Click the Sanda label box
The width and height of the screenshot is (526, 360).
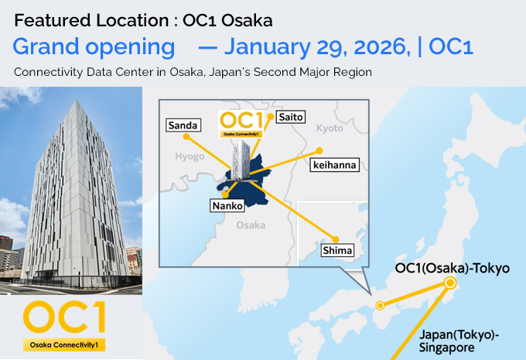click(x=183, y=125)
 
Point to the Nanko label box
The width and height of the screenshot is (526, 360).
click(x=227, y=206)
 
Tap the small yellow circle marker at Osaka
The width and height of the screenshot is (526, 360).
click(x=380, y=305)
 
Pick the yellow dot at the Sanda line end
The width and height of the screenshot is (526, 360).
click(x=186, y=136)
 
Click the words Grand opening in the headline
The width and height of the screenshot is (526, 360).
click(x=94, y=46)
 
